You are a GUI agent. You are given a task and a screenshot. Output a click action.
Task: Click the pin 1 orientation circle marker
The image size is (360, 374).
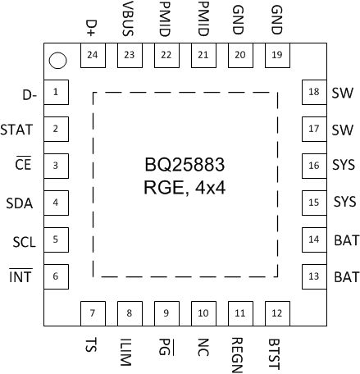(57, 60)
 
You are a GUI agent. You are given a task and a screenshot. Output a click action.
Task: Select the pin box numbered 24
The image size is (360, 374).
(92, 55)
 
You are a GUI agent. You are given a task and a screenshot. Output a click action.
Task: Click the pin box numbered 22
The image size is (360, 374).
(166, 55)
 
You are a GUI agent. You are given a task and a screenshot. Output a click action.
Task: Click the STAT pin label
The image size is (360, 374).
(17, 129)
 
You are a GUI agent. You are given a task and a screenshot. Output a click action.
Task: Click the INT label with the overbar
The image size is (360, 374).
(21, 277)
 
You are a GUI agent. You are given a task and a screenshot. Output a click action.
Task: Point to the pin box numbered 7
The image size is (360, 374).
(92, 313)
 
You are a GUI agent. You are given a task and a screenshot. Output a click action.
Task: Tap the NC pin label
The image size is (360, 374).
(203, 345)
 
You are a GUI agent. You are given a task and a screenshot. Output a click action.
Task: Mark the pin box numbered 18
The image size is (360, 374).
(313, 92)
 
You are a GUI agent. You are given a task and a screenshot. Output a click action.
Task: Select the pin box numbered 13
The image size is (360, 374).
(313, 277)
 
